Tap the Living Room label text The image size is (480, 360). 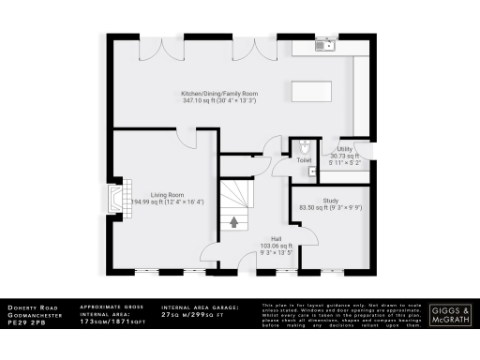[164, 195]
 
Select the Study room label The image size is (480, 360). [330, 200]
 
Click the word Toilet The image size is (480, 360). [305, 160]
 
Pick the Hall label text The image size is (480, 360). [277, 238]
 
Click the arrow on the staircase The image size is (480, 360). [233, 222]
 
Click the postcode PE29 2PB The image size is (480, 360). [22, 322]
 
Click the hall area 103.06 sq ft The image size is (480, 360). [276, 246]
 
